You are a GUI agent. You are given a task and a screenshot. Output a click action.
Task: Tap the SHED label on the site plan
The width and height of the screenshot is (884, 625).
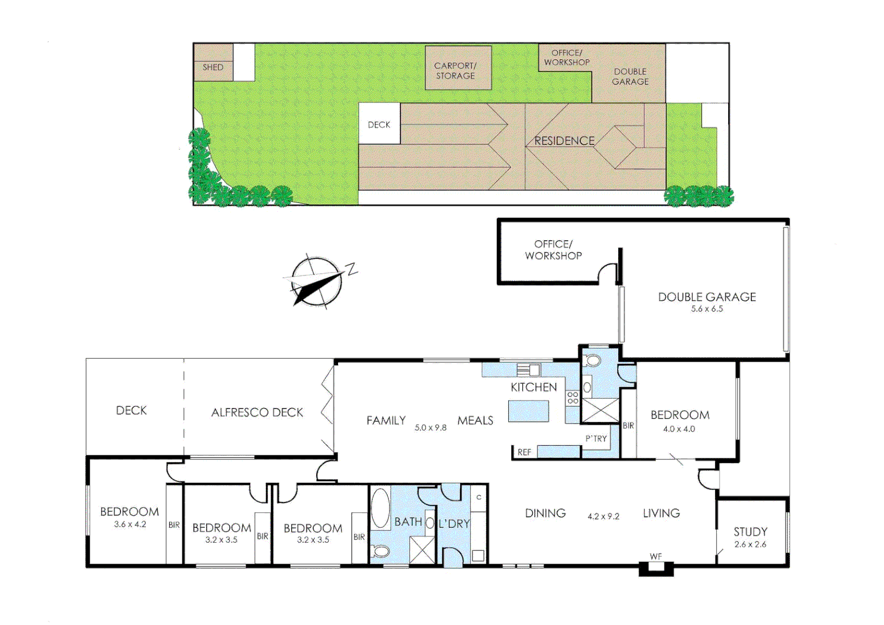coord(212,67)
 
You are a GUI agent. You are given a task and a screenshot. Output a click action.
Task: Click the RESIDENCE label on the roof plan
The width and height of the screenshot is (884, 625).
coord(564,141)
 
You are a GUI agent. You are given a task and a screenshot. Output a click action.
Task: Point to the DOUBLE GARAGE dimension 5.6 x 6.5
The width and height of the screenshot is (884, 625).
coord(707,309)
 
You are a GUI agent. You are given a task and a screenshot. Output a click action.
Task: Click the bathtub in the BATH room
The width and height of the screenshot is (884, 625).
coord(380,509)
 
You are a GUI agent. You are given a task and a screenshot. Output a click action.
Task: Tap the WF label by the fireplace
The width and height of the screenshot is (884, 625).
coord(655,557)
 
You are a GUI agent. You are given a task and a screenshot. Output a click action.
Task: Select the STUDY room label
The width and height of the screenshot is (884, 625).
coord(750,531)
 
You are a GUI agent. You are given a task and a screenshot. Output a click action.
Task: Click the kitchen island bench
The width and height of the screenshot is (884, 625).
coord(529,411)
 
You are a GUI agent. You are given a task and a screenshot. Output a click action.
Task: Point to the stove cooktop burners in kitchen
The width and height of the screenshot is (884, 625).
coord(573,398)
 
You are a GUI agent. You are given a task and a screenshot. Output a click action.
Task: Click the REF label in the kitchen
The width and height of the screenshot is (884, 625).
coord(524,452)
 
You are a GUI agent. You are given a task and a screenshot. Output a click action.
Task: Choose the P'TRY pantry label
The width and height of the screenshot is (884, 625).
coord(596,439)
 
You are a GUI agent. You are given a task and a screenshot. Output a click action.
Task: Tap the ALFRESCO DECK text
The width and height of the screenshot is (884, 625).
coord(257,412)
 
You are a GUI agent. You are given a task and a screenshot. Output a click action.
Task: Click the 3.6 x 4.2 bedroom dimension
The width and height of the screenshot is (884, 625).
coord(130,524)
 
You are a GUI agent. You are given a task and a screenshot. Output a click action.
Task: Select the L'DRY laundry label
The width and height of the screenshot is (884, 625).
coord(454,524)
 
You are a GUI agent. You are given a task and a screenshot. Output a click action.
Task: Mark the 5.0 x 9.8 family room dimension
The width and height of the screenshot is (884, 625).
coord(430,428)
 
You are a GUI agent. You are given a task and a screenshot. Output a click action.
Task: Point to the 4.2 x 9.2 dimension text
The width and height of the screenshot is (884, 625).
coord(603,516)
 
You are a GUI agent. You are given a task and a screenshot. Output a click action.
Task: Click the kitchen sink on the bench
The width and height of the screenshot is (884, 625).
coord(528,370)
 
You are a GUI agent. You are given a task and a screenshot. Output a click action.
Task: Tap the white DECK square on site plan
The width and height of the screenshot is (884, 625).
coord(379,124)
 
